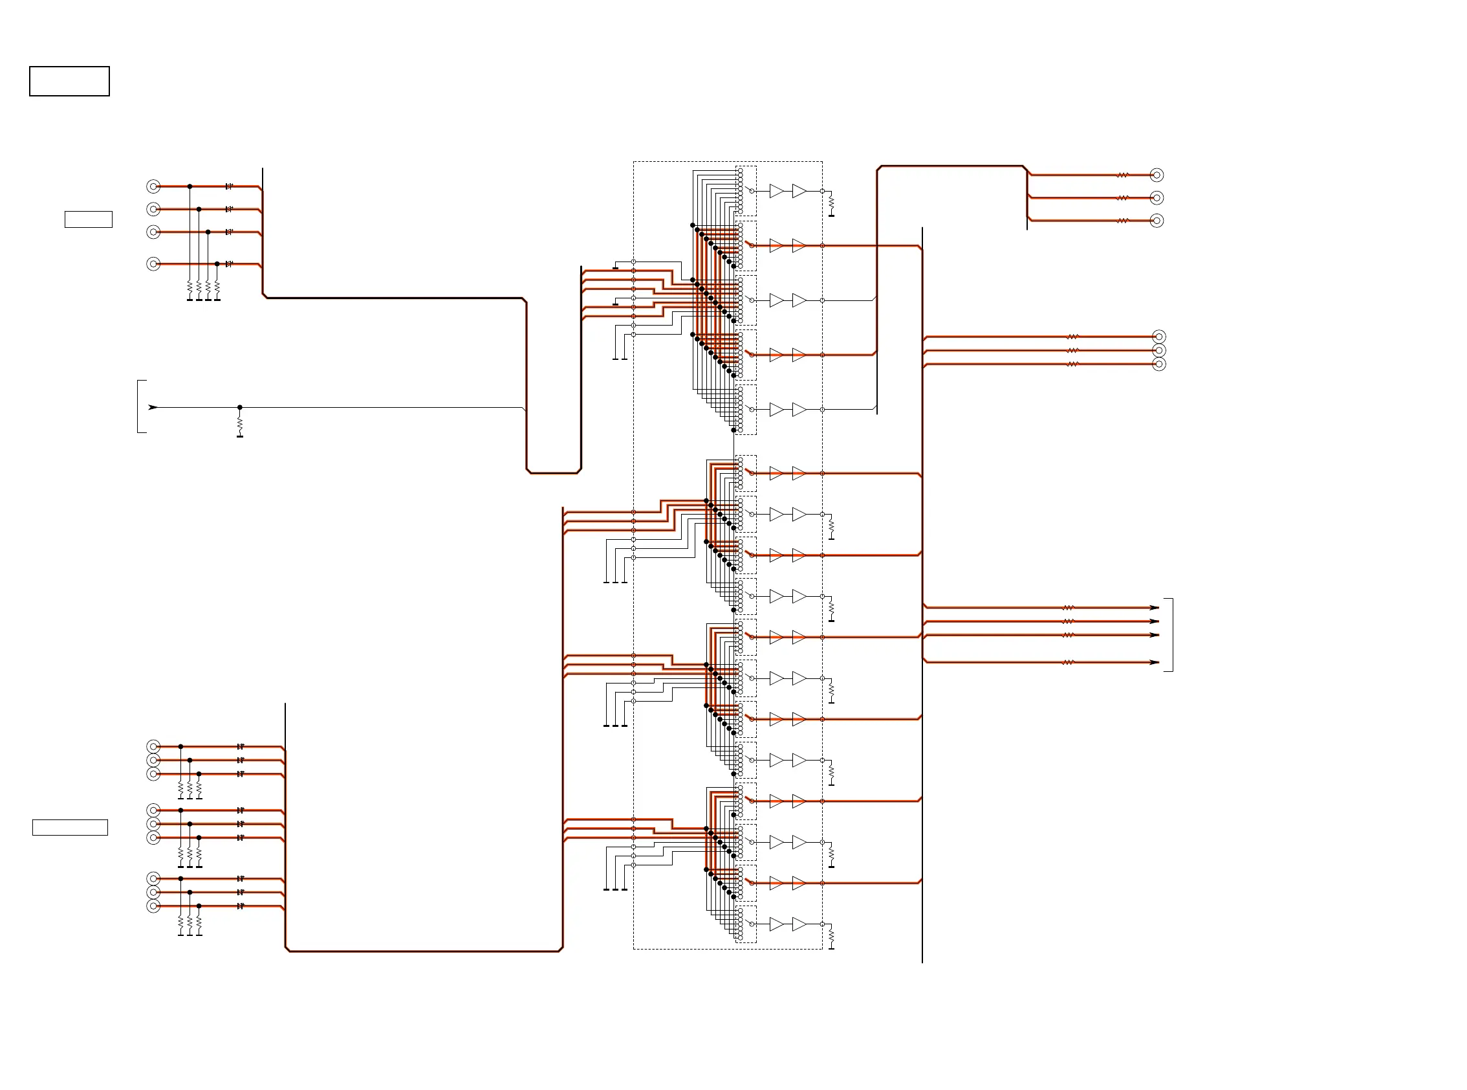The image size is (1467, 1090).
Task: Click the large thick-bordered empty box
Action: (69, 81)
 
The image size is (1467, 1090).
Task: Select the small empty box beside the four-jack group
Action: (89, 219)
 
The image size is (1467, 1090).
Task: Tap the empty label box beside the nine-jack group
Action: (70, 827)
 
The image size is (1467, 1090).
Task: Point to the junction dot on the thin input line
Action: (240, 407)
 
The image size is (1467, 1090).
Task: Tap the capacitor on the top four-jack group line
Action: (229, 186)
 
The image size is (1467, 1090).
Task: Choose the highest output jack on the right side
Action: (1157, 175)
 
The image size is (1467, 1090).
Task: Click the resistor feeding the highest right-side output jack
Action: (1123, 175)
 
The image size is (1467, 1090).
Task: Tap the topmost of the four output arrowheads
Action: (1154, 608)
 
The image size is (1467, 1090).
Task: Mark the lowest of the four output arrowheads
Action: (1154, 662)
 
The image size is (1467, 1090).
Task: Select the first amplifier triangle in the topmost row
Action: (777, 191)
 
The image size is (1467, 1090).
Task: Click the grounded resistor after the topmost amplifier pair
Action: (831, 203)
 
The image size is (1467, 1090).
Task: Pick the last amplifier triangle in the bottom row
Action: (799, 924)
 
